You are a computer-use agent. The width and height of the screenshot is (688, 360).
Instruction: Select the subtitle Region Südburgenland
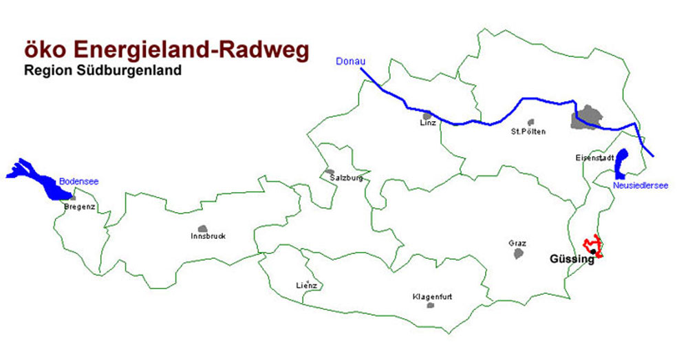103,70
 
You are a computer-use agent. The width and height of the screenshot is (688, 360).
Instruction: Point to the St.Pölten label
528,131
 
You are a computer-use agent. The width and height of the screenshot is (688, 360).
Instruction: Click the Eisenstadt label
594,158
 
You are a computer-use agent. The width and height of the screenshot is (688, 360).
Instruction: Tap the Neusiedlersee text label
636,186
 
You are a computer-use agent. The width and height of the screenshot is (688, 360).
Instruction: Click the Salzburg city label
341,178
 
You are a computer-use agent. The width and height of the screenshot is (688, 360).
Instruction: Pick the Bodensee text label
78,181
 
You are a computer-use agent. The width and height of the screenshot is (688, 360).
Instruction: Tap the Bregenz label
78,207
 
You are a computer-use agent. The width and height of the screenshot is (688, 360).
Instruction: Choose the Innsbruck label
208,236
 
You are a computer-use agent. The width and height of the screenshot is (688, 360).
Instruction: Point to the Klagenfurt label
432,297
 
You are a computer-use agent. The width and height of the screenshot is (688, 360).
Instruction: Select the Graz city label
517,244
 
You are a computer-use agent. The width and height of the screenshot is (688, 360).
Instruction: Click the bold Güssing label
572,260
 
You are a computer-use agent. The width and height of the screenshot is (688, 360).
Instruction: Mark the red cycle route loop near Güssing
594,246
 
